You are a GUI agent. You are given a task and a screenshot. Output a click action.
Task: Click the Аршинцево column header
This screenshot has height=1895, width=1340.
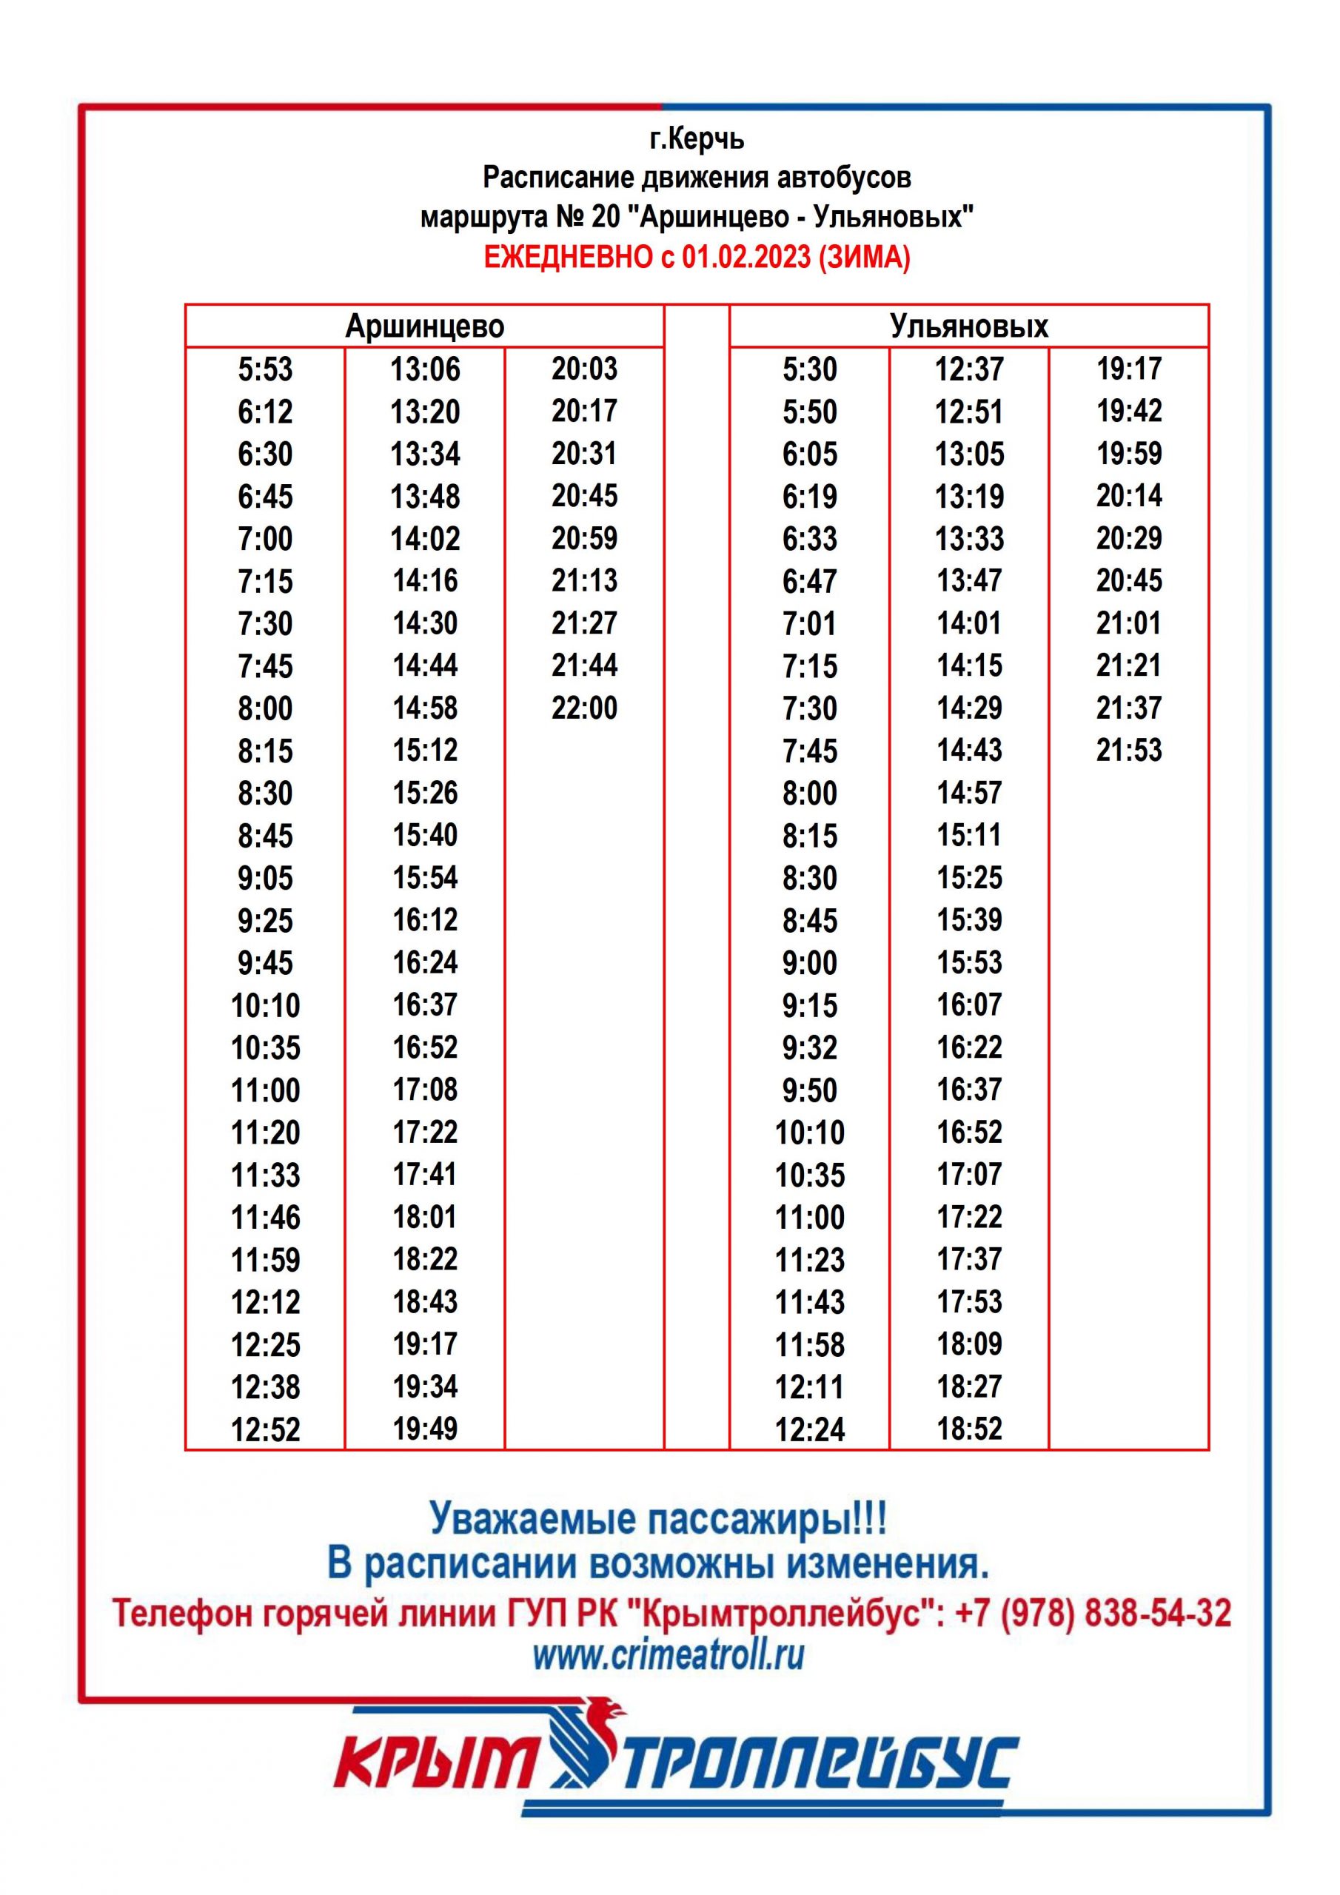click(x=424, y=326)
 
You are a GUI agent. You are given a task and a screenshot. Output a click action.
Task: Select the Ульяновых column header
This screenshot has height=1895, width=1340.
click(x=968, y=326)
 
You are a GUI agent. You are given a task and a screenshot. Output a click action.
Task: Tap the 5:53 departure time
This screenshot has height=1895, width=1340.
click(x=265, y=369)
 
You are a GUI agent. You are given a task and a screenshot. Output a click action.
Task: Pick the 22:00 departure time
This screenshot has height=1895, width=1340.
click(x=585, y=708)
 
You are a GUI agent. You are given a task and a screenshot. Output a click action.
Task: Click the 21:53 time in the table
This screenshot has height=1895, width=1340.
click(x=1129, y=751)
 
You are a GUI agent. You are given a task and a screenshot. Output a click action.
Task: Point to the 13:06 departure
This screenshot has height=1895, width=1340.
click(x=425, y=369)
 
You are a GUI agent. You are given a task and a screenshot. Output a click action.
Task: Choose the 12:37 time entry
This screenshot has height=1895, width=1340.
click(x=969, y=369)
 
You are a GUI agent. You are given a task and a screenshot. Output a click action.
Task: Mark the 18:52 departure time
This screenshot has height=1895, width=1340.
click(x=969, y=1429)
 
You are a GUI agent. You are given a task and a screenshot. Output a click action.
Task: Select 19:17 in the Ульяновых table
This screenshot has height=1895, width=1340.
click(x=1129, y=368)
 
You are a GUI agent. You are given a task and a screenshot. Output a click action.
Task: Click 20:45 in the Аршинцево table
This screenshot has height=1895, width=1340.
click(x=585, y=496)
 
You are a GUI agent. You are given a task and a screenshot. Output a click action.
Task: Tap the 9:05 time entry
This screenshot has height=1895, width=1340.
click(x=265, y=877)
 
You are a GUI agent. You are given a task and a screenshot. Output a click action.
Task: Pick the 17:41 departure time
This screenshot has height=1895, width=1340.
click(x=425, y=1174)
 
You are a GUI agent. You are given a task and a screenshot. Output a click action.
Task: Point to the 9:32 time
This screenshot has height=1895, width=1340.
click(x=809, y=1047)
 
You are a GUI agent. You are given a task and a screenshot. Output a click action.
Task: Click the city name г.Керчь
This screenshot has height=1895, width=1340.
click(x=697, y=139)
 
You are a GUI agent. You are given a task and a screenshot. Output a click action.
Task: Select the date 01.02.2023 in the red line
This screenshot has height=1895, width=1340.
click(x=746, y=258)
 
